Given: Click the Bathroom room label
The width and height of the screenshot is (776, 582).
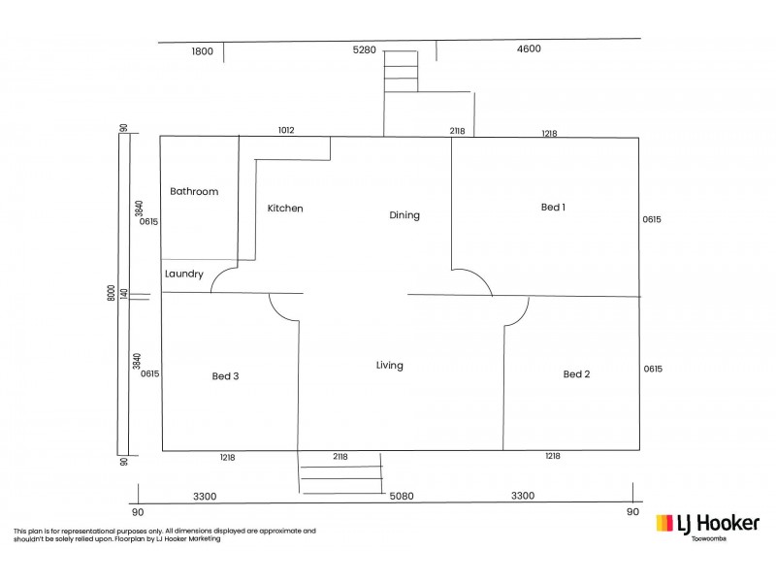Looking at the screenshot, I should point(194,192).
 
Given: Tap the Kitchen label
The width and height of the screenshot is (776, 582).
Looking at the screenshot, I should point(285,209).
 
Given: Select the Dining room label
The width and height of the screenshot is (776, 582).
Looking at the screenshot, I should point(404,215).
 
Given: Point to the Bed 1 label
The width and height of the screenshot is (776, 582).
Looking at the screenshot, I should point(553,207).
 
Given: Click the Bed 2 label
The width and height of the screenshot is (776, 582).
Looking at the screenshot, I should point(576,374).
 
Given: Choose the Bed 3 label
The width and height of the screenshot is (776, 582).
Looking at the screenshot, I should point(225,376).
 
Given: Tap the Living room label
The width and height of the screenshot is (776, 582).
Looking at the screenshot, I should point(390,366).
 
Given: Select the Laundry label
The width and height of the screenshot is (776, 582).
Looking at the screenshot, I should point(184,275).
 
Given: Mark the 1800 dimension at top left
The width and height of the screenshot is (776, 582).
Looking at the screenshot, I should point(201,50).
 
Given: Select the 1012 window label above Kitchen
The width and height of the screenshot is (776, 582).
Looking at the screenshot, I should point(286,130).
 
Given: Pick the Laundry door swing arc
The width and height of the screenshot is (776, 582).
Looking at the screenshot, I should point(225,278).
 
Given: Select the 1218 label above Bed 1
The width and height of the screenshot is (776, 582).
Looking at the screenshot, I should point(549,133).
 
